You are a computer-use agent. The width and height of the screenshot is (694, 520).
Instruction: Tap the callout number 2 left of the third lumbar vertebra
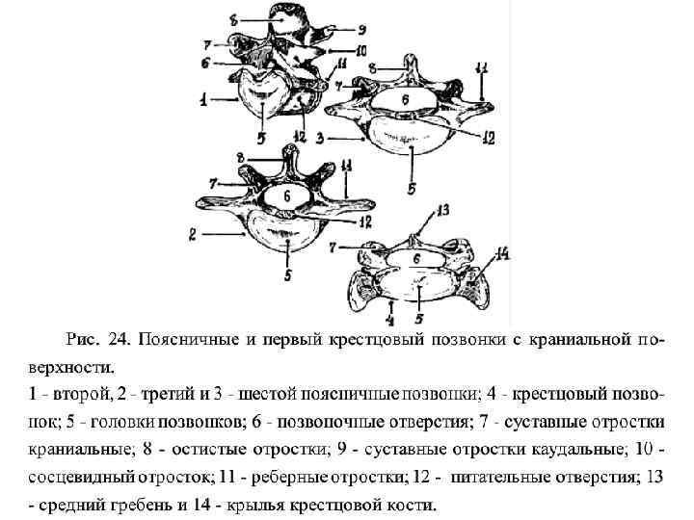(194, 233)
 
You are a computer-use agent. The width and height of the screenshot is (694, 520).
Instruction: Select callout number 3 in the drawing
(319, 137)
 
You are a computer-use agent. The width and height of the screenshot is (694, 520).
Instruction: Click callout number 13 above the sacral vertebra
(443, 209)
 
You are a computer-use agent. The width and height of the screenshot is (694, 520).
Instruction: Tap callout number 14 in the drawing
(501, 253)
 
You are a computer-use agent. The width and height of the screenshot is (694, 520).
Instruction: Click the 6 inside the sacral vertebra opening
(417, 258)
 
